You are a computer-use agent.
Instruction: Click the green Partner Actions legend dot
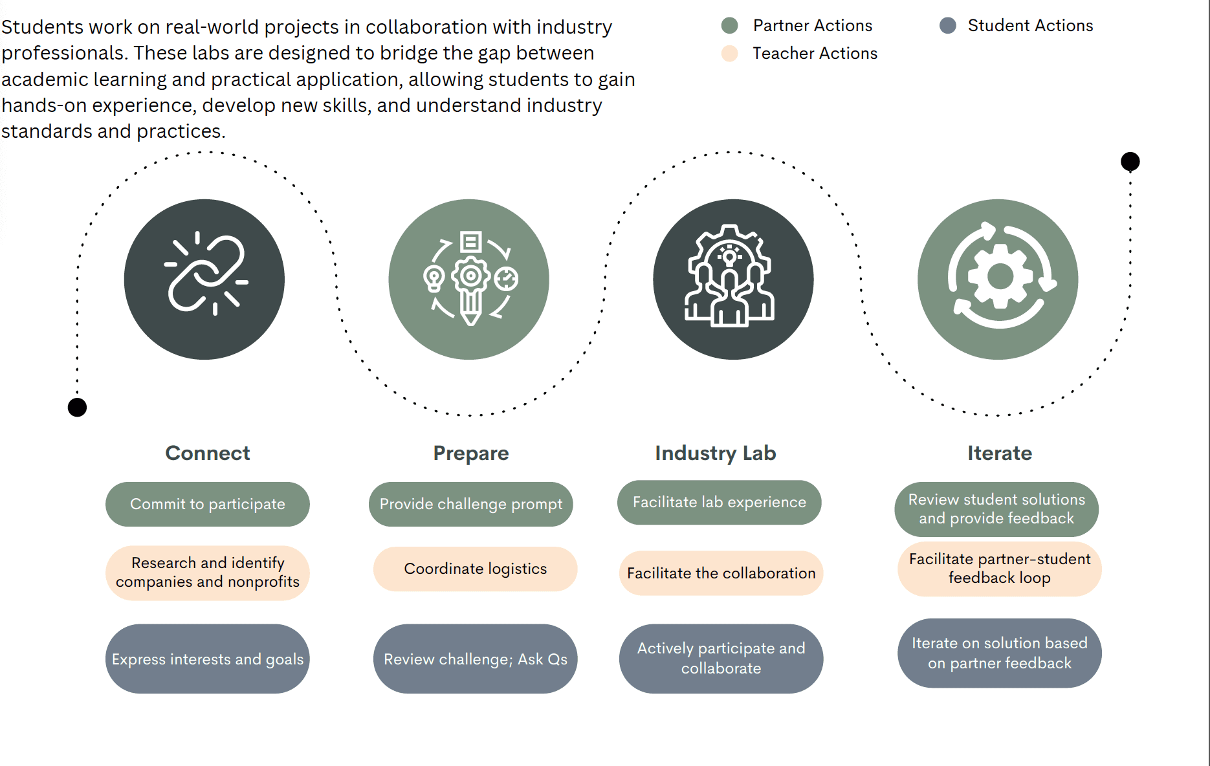pos(729,26)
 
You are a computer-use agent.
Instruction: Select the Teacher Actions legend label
pos(815,54)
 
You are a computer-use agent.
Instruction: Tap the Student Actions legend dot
pos(947,26)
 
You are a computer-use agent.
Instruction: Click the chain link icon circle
pos(204,279)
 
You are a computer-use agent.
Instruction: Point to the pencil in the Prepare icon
pos(470,304)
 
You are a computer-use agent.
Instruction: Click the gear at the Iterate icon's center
pos(1000,277)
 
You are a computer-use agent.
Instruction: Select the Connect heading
pos(207,453)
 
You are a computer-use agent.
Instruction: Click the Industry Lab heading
pos(715,453)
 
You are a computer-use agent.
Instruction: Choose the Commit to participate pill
pos(207,504)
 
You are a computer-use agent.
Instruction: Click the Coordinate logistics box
pos(475,569)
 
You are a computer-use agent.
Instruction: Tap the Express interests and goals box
pos(207,659)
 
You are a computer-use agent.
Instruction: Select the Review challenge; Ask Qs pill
pos(475,659)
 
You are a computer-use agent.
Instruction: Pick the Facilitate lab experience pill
pos(719,502)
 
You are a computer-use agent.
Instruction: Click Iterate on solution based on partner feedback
pos(999,653)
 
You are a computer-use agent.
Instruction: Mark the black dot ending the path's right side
pos(1130,161)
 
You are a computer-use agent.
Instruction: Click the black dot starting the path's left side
pos(77,408)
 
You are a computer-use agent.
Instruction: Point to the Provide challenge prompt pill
pos(470,504)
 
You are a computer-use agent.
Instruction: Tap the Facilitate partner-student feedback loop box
pos(999,569)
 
